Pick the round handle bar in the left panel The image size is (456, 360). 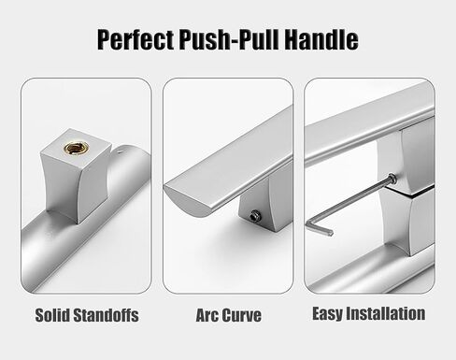coord(93,243)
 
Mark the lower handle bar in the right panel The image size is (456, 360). coord(374,266)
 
